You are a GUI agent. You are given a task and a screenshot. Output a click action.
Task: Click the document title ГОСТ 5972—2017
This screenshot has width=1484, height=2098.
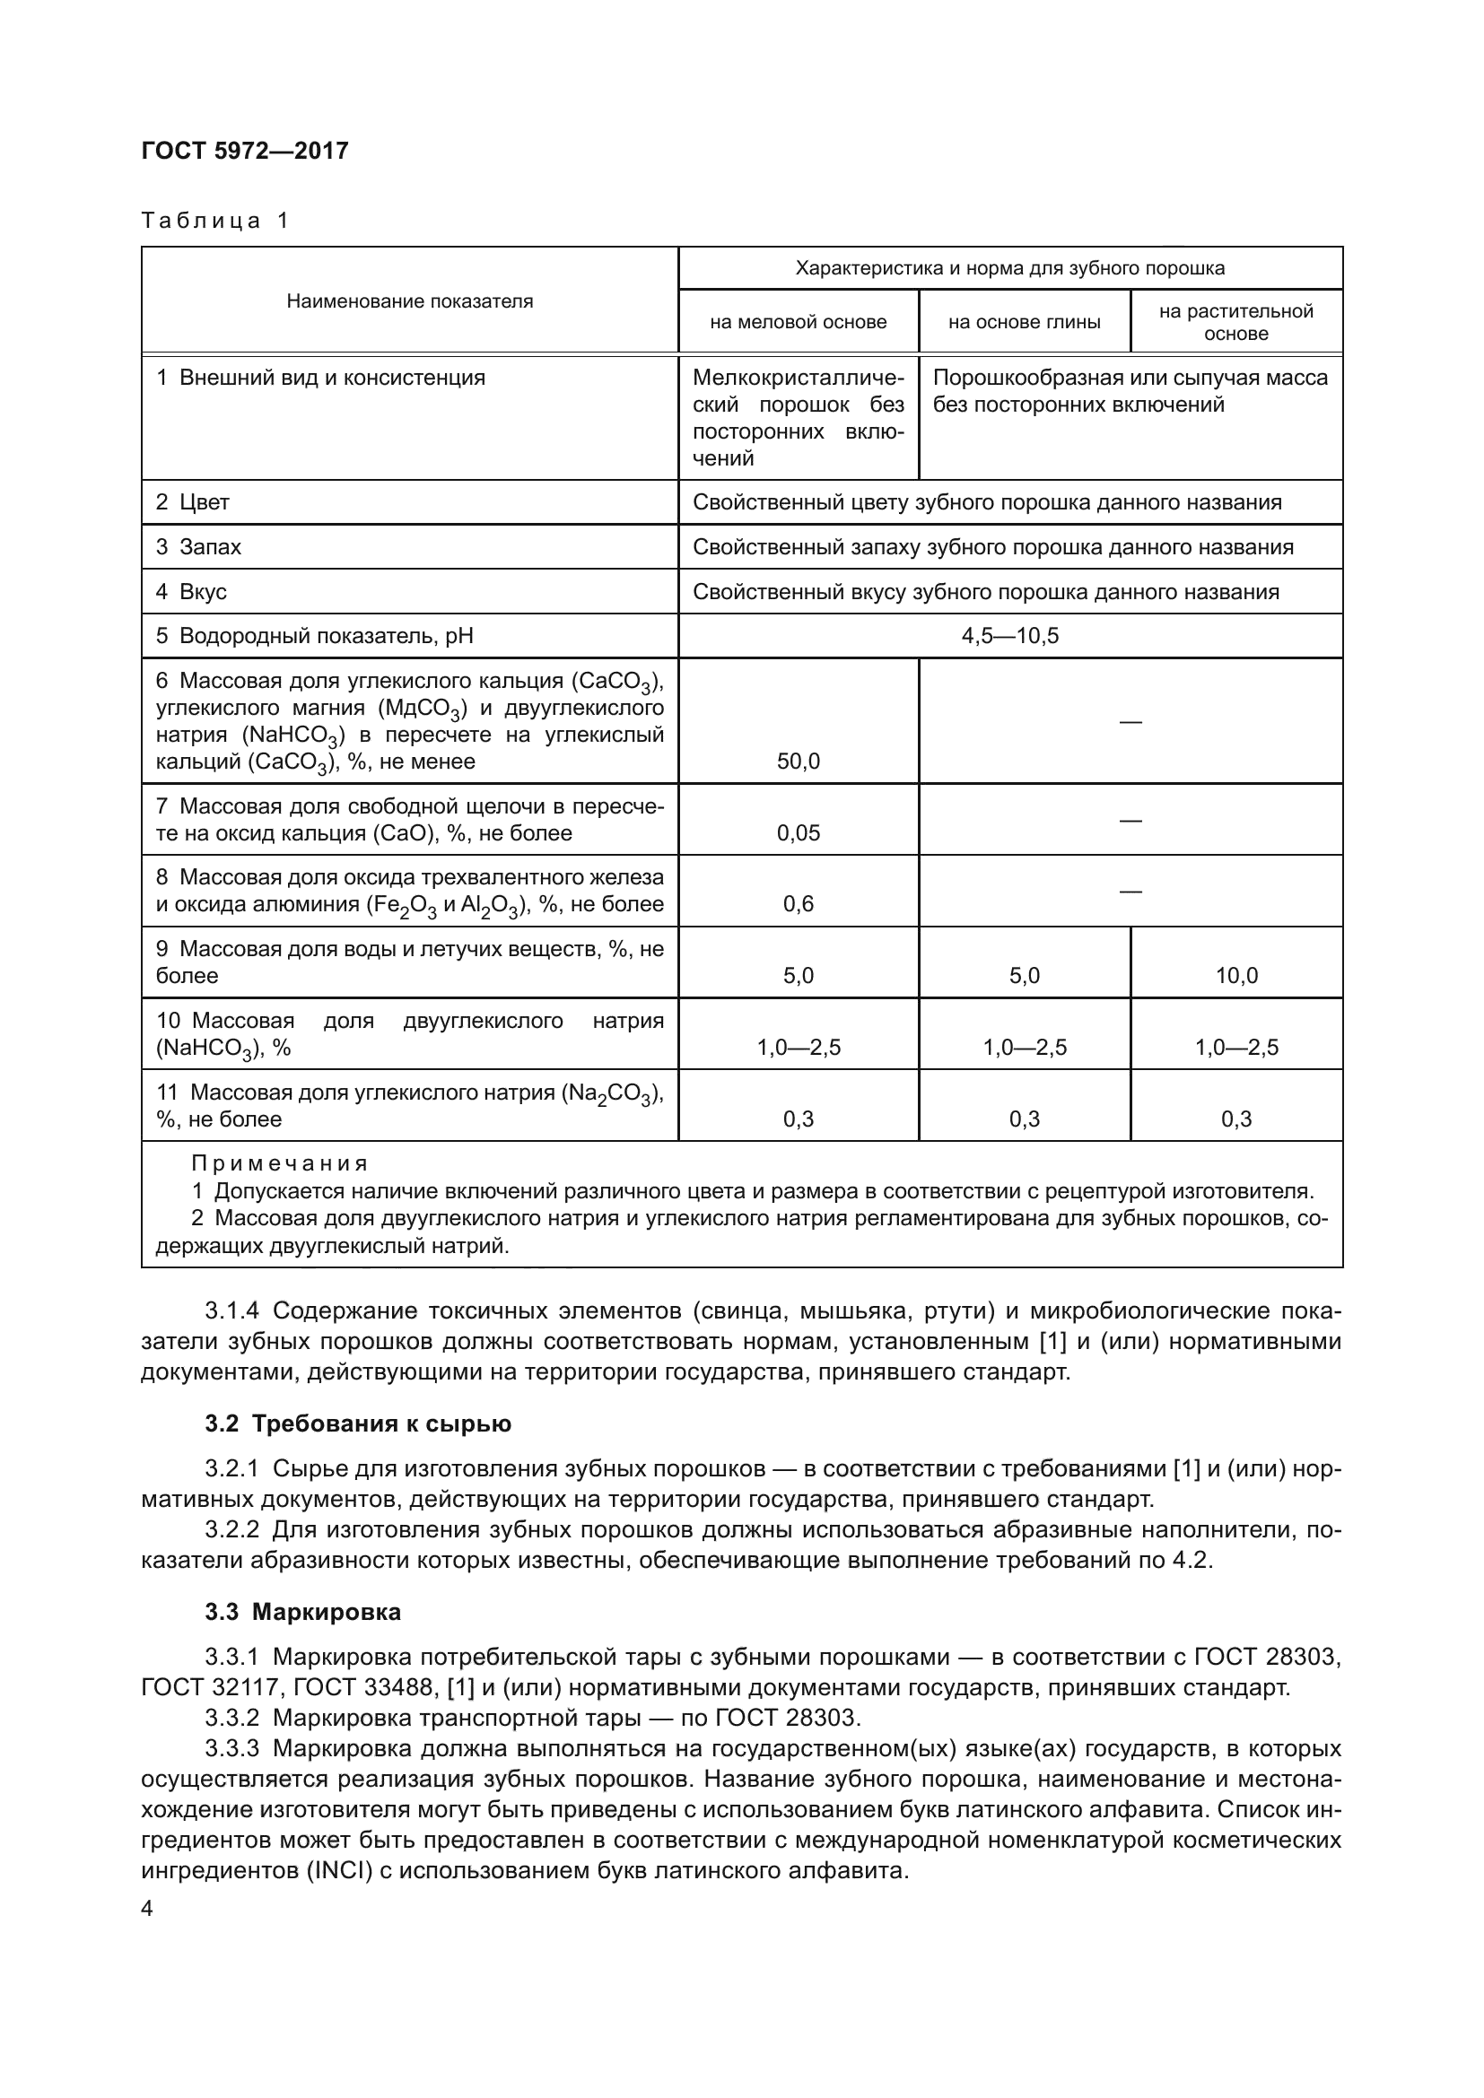(245, 152)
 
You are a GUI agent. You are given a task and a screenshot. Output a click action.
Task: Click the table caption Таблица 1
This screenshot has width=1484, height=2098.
(214, 222)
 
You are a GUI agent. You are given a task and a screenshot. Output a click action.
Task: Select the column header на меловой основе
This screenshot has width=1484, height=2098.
(798, 323)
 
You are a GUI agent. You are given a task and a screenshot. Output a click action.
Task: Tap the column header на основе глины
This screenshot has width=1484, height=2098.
(1024, 323)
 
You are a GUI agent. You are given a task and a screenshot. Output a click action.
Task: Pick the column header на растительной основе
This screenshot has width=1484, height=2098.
(1235, 323)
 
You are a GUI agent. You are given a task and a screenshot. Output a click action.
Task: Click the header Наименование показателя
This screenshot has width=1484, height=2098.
(409, 301)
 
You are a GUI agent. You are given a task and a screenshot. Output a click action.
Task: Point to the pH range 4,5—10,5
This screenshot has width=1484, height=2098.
(1009, 636)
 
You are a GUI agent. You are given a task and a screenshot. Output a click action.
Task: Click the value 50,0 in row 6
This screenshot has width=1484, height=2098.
(798, 762)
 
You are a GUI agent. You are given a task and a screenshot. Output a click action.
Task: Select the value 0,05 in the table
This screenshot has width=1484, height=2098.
(798, 833)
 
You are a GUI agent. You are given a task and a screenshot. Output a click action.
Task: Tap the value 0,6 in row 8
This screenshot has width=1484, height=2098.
(798, 905)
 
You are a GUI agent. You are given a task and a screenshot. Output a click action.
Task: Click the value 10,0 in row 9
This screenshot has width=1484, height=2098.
(1235, 976)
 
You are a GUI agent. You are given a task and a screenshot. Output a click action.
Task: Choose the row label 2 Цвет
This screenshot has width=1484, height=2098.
(193, 502)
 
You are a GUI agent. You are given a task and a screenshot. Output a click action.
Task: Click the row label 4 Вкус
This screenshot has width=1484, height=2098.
(191, 592)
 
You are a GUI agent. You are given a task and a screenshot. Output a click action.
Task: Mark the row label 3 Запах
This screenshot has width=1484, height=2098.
(198, 547)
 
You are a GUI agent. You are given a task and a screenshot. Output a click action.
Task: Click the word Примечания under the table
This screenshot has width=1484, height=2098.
(280, 1163)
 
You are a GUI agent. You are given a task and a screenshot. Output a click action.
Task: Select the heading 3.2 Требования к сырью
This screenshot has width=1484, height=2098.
(358, 1423)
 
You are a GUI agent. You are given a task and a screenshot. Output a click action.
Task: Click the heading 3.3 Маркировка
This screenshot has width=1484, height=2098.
(302, 1612)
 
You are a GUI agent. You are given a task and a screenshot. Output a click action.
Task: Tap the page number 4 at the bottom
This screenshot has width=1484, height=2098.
(148, 1909)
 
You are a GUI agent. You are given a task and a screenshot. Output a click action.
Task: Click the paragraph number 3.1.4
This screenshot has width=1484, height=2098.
(232, 1311)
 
